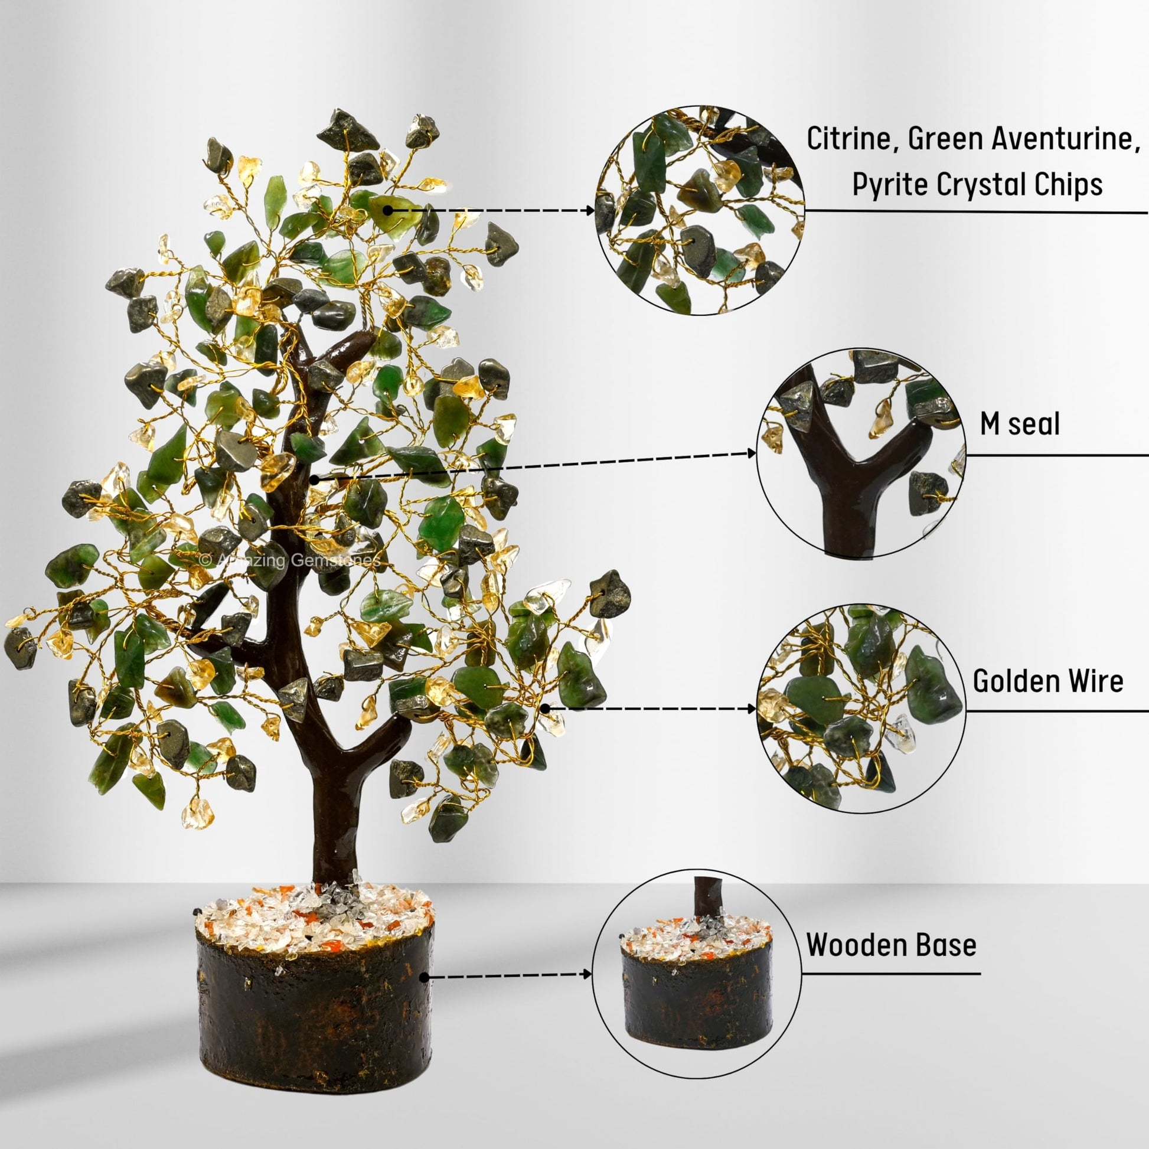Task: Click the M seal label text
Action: point(1020,424)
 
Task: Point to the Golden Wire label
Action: point(1048,681)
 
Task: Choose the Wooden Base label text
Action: point(891,945)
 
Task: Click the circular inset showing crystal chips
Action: point(700,211)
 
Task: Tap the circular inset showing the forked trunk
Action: point(861,453)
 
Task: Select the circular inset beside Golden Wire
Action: point(861,709)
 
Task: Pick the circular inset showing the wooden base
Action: point(697,974)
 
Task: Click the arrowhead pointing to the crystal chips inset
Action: point(590,211)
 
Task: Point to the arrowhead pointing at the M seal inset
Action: point(752,454)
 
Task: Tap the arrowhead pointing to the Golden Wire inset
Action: point(752,709)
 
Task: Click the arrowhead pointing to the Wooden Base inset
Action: point(587,974)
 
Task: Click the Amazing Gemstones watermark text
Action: point(290,560)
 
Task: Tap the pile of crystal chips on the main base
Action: point(315,919)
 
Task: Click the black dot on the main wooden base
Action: point(424,977)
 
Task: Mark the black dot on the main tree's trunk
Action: point(314,479)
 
